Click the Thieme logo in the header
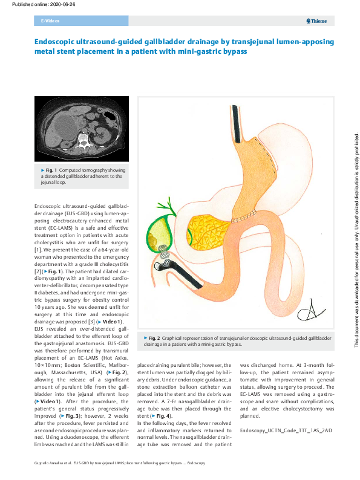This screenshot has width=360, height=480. coord(317,21)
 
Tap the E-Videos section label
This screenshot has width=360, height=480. coord(48,21)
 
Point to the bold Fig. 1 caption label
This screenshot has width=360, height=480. coord(53,170)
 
